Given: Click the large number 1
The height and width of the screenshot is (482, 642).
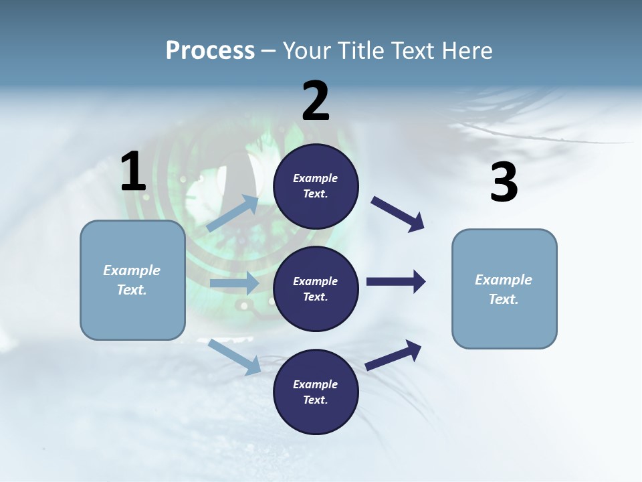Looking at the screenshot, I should pyautogui.click(x=133, y=172).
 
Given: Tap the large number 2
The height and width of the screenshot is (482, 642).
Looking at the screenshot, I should pyautogui.click(x=316, y=101).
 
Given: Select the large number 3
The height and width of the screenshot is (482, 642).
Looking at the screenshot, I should pyautogui.click(x=504, y=183).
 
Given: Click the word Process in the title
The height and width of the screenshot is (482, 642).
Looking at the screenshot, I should pyautogui.click(x=210, y=50).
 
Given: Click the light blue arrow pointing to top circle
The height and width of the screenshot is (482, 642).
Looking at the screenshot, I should pyautogui.click(x=233, y=214).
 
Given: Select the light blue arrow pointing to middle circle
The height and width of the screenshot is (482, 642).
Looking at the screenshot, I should pyautogui.click(x=234, y=283).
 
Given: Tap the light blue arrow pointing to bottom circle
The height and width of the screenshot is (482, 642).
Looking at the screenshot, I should pyautogui.click(x=234, y=356).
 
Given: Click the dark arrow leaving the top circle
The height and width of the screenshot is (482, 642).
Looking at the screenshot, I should pyautogui.click(x=398, y=214).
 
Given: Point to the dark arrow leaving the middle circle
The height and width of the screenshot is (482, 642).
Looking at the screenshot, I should pyautogui.click(x=396, y=282).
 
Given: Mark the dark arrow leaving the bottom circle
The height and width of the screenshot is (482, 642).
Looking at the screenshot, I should pyautogui.click(x=393, y=355).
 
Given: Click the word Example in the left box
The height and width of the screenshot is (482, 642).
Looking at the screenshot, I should pyautogui.click(x=132, y=270).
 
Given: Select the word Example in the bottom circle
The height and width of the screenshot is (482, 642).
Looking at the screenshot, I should pyautogui.click(x=316, y=384).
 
